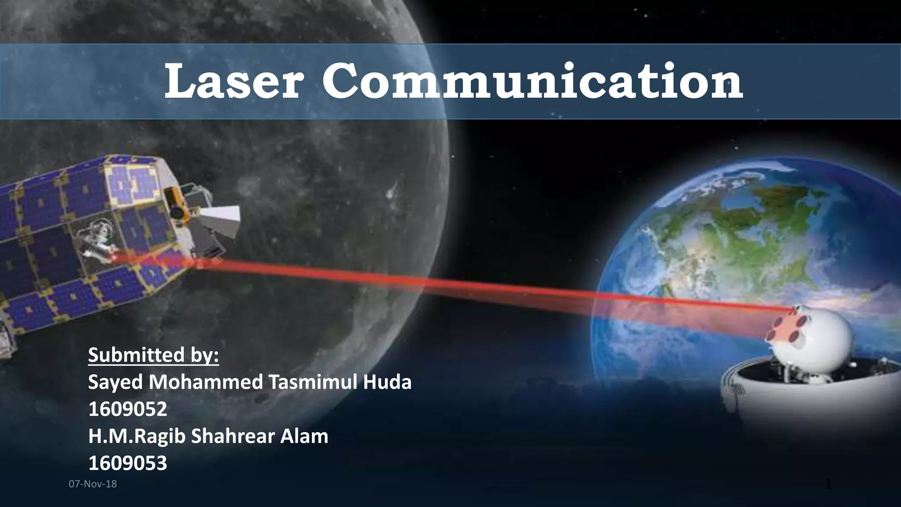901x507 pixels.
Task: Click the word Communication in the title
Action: click(x=532, y=82)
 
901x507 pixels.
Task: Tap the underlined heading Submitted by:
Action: click(x=153, y=355)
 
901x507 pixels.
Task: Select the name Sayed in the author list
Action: click(x=115, y=382)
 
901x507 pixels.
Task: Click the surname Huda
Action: click(x=387, y=382)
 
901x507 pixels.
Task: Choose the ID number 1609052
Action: click(x=128, y=409)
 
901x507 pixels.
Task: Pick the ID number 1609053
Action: click(x=128, y=463)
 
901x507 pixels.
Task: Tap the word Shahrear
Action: click(x=228, y=436)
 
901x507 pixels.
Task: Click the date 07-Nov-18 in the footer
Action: click(x=93, y=484)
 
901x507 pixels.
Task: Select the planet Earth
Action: click(x=722, y=246)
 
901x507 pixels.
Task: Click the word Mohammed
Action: click(x=205, y=382)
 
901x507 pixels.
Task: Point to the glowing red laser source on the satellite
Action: click(x=115, y=257)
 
